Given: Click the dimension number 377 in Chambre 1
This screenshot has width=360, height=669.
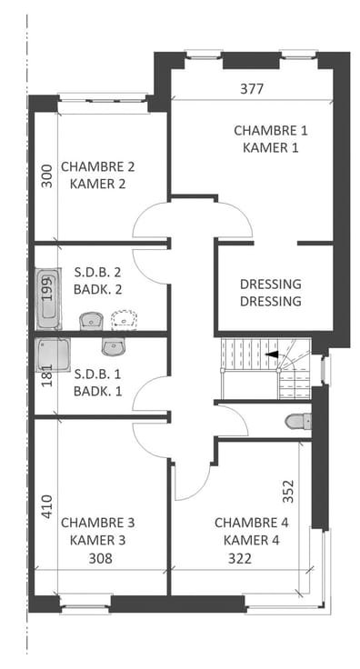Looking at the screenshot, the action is coord(252,89).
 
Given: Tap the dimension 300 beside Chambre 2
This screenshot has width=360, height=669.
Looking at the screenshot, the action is coord(47,175).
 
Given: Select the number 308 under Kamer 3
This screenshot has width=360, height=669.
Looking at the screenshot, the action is coord(101,558).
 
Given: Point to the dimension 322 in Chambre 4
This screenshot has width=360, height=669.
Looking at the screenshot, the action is coord(240,558).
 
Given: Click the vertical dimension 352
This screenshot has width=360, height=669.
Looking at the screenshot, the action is coord(289,491).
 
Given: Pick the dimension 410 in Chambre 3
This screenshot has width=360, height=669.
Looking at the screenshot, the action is coord(47,506).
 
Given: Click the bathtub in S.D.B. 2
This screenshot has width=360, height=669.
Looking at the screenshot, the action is coord(48,299).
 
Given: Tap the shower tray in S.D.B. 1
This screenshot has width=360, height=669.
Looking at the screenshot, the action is coord(54,355).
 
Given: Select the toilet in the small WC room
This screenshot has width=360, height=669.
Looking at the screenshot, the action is coord(298,421).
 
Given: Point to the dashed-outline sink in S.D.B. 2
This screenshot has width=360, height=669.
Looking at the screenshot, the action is coord(125,321).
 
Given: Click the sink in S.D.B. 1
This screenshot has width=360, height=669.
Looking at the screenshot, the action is coord(114,346).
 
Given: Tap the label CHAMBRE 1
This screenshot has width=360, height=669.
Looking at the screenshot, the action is coord(270,130).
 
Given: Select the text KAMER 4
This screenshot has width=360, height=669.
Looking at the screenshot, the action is coord(252,540).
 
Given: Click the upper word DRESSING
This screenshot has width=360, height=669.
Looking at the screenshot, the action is coord(270,284).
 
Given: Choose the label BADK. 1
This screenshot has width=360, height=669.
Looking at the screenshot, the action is coord(97,391).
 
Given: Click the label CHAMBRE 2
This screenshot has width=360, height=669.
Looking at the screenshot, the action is coord(97,166).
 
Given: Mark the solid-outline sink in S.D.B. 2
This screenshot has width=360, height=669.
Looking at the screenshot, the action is coord(91,321).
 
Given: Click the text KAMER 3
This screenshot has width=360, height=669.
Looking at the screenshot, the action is coord(97,540).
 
